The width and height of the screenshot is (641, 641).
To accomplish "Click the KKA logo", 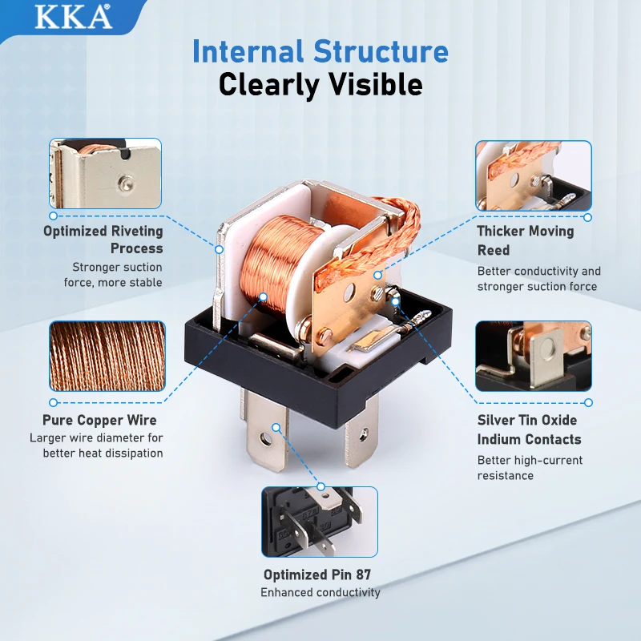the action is pos(73,16).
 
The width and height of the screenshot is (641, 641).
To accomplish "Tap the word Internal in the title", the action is pos(248,51).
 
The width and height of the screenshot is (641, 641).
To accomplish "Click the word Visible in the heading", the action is pos(376,84).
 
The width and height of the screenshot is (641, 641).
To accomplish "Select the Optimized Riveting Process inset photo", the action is pos(105,173).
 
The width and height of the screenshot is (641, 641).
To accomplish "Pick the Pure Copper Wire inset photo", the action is pos(107,356).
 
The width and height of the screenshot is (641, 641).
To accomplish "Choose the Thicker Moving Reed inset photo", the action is pos(534,175).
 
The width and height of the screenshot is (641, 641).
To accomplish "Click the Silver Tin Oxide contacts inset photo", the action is pos(534,356).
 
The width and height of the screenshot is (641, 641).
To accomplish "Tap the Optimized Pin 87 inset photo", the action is pos(320,522).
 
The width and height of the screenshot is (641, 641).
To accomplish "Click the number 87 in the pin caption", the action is pos(363,574).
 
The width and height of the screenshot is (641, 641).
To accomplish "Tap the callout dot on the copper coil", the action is pos(264,296).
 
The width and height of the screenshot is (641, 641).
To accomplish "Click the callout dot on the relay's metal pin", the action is pos(276,428).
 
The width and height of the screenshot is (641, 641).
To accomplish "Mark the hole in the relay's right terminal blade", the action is pos(364,435).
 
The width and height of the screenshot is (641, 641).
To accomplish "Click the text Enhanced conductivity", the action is pos(320,592).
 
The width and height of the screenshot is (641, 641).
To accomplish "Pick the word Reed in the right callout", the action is pos(494,250).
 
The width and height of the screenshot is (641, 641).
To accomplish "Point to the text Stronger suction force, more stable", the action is pos(113,275).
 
